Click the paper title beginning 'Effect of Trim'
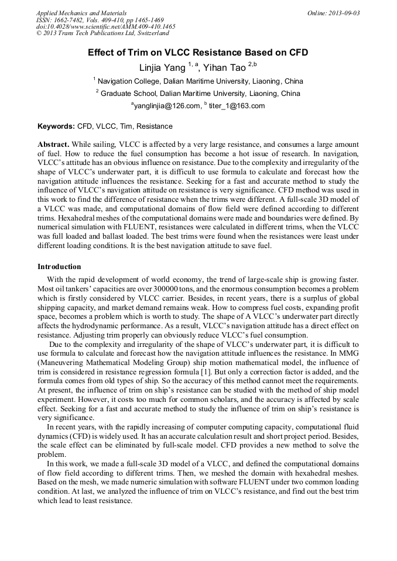click(x=198, y=53)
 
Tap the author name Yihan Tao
click(x=225, y=68)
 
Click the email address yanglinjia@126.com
click(x=165, y=106)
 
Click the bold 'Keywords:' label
click(x=56, y=126)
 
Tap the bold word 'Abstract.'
click(x=54, y=144)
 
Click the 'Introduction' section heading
click(x=59, y=267)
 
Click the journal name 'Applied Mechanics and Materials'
click(x=81, y=13)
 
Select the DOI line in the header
click(x=105, y=27)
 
